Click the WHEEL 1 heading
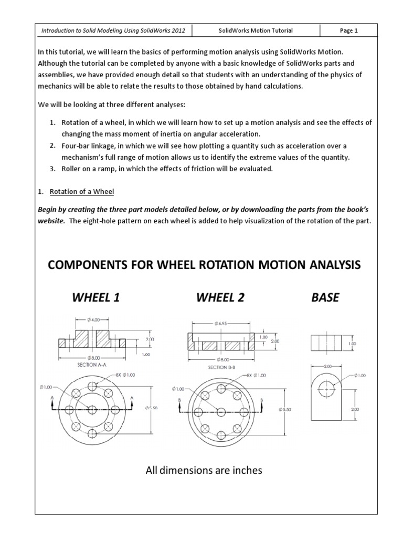(96, 297)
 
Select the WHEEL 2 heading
(220, 297)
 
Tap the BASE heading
(325, 297)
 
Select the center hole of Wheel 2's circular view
(221, 411)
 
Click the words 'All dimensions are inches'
(204, 470)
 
